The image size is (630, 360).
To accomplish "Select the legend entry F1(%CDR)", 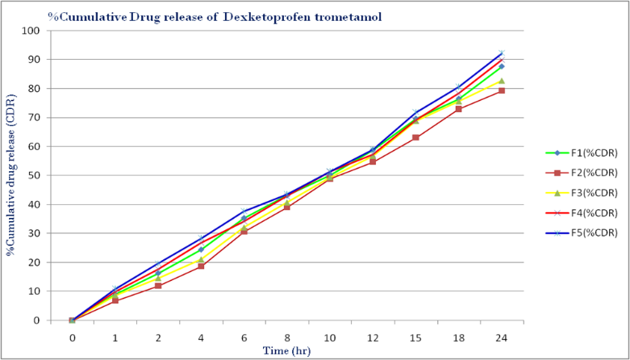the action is [x=581, y=153].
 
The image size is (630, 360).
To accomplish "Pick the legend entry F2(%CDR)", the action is [x=581, y=173].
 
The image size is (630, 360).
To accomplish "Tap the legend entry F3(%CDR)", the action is [x=581, y=193].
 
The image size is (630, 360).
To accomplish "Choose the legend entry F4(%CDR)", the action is [x=581, y=213].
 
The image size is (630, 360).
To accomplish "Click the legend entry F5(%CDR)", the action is [x=581, y=233].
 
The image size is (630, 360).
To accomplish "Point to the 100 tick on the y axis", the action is [x=36, y=31].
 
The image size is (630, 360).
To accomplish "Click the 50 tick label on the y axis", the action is [x=39, y=175].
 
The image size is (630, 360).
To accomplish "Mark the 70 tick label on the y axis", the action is [x=39, y=118].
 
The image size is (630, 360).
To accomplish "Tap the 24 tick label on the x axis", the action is [x=502, y=338].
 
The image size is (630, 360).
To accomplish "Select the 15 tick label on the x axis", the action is [x=415, y=338].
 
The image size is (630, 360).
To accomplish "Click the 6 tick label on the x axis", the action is [x=244, y=338].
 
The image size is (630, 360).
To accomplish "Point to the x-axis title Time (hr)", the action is [x=287, y=350].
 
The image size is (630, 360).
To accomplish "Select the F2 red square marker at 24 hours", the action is [x=502, y=90].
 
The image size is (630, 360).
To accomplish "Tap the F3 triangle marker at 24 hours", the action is [x=502, y=81].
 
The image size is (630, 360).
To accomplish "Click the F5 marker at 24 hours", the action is [x=502, y=53].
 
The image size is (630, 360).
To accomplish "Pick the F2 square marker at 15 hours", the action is [x=415, y=137].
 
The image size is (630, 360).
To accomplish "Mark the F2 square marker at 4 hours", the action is [x=201, y=266].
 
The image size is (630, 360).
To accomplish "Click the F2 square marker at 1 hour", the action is [x=115, y=300].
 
